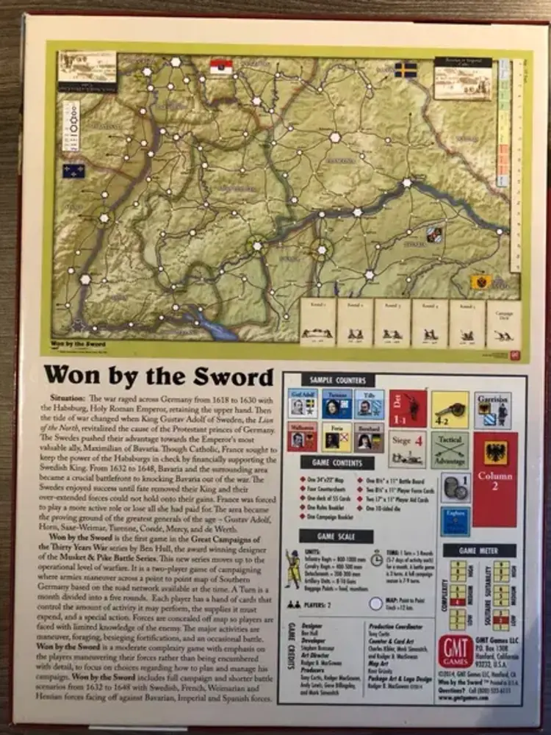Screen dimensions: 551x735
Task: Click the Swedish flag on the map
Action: click(406, 70)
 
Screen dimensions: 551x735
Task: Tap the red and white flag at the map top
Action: click(220, 68)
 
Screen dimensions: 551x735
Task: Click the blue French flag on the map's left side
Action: click(73, 171)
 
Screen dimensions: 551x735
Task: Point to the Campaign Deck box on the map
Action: click(504, 322)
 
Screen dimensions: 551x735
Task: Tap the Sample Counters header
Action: click(338, 379)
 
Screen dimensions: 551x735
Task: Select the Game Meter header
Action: click(489, 551)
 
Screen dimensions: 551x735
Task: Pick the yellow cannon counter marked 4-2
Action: click(450, 409)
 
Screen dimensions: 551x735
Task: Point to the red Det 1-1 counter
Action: click(407, 409)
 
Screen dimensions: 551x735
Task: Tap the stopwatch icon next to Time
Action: click(367, 558)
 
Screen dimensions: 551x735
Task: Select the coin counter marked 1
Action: click(455, 488)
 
